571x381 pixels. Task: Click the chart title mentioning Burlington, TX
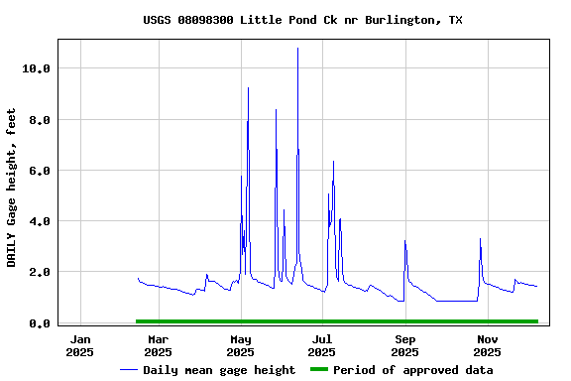[302, 20]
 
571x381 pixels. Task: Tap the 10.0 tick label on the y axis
[36, 68]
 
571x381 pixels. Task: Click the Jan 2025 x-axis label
[80, 345]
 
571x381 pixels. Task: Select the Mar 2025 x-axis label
[158, 345]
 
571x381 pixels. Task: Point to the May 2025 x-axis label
[240, 345]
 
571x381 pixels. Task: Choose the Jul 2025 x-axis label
[321, 345]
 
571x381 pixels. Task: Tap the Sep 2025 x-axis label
[404, 345]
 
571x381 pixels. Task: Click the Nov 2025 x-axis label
[486, 345]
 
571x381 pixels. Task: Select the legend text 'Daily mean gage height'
[219, 370]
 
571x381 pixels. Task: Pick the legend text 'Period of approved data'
[412, 370]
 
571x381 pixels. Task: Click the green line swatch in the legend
[318, 370]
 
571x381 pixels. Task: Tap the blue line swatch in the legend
[128, 370]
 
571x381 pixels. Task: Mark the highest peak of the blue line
[297, 49]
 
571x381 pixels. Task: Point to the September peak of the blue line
[404, 241]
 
